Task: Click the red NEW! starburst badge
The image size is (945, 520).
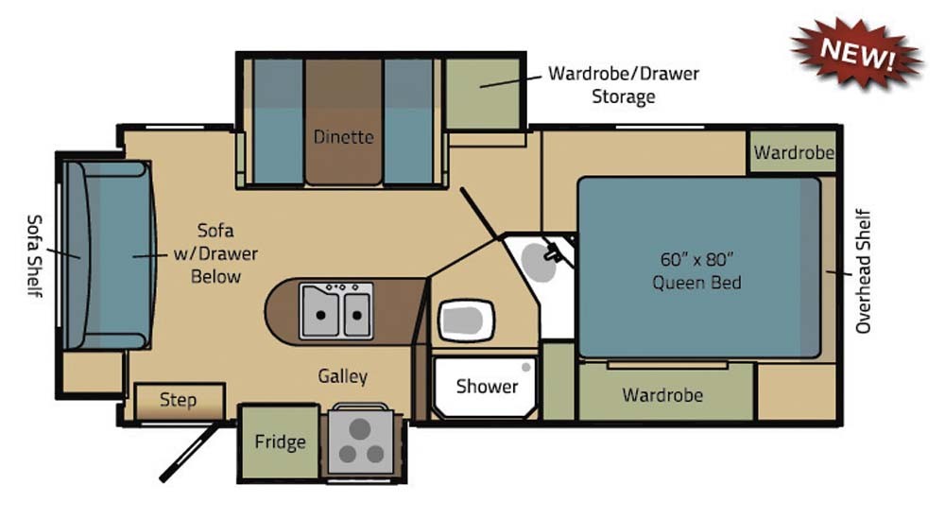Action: point(857,55)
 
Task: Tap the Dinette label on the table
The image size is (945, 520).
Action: point(344,137)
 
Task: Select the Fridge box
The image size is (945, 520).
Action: point(280,442)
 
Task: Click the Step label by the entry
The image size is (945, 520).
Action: point(178,400)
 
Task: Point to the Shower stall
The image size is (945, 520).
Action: point(485,387)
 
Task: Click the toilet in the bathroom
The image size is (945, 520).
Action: point(467,320)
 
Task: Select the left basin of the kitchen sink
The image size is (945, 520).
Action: point(320,311)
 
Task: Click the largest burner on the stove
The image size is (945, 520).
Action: point(360,429)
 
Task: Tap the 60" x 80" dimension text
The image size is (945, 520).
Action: point(696,259)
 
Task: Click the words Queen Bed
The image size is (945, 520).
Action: point(696,283)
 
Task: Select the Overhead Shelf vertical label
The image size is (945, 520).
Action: point(864,270)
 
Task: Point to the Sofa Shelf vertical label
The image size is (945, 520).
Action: point(35,256)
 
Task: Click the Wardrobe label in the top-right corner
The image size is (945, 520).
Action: point(794,152)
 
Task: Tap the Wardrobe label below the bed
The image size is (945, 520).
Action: point(662,395)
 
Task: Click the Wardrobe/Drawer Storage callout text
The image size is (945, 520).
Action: point(624,85)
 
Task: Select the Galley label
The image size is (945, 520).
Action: point(342,376)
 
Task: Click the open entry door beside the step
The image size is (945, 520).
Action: point(190,453)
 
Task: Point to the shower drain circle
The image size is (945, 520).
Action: point(526,367)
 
